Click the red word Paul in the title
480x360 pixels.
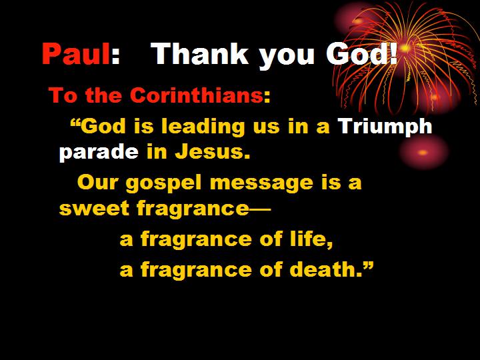click(76, 53)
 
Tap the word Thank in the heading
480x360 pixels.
click(199, 53)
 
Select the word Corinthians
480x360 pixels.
click(196, 95)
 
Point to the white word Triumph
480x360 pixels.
click(385, 126)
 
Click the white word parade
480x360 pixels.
click(99, 152)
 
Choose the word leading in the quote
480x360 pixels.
click(203, 126)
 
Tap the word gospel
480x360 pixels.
click(164, 183)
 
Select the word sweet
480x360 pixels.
click(94, 209)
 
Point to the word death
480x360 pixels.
click(323, 270)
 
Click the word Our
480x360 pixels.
click(97, 183)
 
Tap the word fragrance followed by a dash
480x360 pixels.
click(193, 209)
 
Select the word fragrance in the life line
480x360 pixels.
click(197, 239)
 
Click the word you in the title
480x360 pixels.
click(287, 56)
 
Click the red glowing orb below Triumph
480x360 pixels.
click(423, 152)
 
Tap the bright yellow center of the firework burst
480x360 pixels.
click(405, 49)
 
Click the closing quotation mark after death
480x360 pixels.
click(368, 266)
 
